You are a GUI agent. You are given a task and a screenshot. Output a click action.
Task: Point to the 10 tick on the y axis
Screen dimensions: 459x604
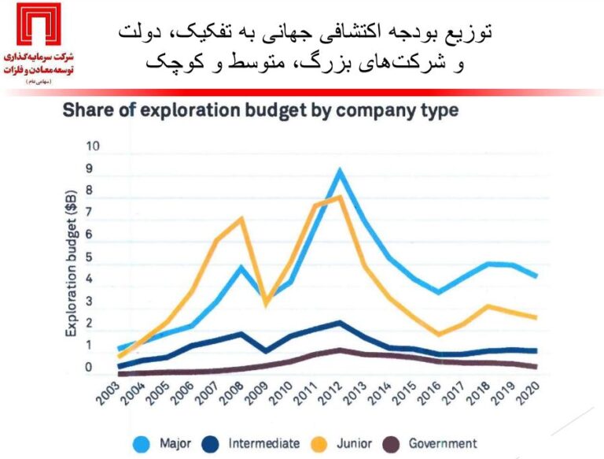pos(94,146)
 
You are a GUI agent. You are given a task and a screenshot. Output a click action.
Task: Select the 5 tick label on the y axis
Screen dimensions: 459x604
pos(90,257)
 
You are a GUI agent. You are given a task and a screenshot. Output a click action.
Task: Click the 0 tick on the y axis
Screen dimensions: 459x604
pos(90,368)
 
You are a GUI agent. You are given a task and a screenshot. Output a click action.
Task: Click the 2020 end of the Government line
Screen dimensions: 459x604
pos(536,366)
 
